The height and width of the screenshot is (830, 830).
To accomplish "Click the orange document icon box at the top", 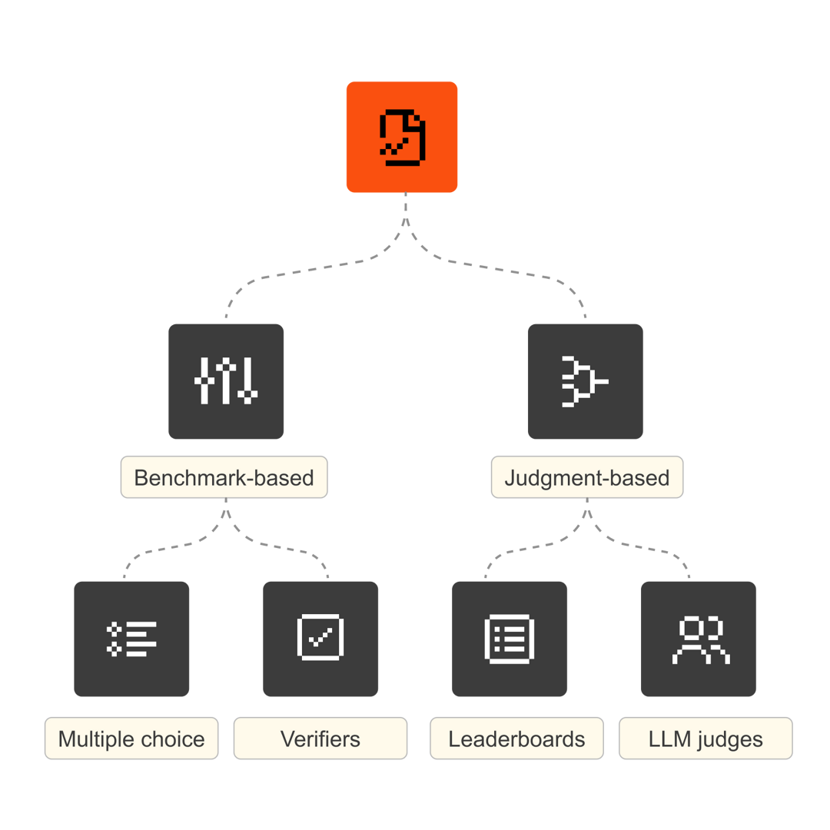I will [401, 137].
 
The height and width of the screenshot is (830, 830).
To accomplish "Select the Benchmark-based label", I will [224, 477].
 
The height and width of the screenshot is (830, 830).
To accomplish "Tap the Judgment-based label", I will [586, 477].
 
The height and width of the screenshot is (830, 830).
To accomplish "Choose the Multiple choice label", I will [131, 739].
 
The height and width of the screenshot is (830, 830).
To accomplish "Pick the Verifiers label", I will [320, 739].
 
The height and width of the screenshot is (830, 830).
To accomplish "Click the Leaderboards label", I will [516, 739].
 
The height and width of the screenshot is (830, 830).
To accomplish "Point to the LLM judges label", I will [705, 739].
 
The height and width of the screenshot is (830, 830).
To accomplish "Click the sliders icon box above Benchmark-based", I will [226, 381].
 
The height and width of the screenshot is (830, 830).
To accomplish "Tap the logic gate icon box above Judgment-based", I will [585, 381].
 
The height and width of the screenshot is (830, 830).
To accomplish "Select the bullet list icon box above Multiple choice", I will [131, 639].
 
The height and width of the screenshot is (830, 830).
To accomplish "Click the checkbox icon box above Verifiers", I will [320, 639].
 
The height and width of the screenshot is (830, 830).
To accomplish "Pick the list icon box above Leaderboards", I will [510, 639].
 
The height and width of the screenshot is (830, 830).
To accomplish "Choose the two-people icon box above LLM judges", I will [699, 639].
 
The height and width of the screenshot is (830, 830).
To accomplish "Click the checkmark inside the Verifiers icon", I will [320, 636].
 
